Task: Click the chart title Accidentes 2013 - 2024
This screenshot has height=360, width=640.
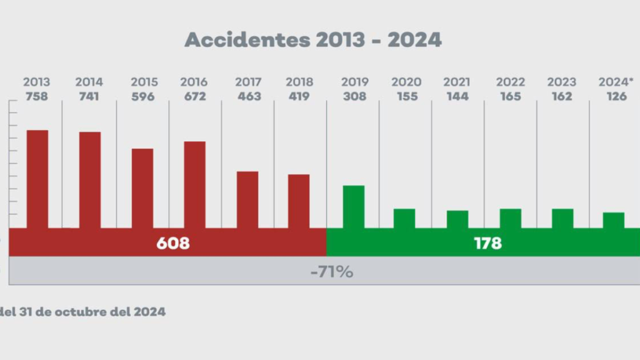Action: pos(313,40)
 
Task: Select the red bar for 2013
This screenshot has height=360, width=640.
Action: pos(37,178)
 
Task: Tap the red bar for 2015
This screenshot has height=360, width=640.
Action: pos(142,187)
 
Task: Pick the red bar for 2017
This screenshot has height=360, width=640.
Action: pos(247,199)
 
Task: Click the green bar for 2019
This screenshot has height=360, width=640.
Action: pos(353,206)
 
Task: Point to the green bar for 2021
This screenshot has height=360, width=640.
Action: pos(457,219)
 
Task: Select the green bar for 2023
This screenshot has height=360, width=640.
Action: pos(562,218)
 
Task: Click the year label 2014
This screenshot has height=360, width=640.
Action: pos(89,82)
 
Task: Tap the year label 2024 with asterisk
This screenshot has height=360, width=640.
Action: pos(616,82)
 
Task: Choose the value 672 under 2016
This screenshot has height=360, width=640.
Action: pos(194,97)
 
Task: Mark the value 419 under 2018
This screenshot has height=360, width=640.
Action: pos(299,97)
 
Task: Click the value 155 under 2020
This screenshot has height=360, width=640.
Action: pos(406,97)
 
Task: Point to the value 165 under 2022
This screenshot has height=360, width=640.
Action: pos(511,97)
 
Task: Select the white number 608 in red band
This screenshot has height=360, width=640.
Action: pos(172,243)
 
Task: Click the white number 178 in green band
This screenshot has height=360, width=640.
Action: pos(487,243)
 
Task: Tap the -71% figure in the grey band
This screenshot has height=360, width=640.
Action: pos(331,272)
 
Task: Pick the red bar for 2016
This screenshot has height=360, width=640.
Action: pos(194,184)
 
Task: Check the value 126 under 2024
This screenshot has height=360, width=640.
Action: pos(616,97)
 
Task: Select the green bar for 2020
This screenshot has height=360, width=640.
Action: pos(404,218)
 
